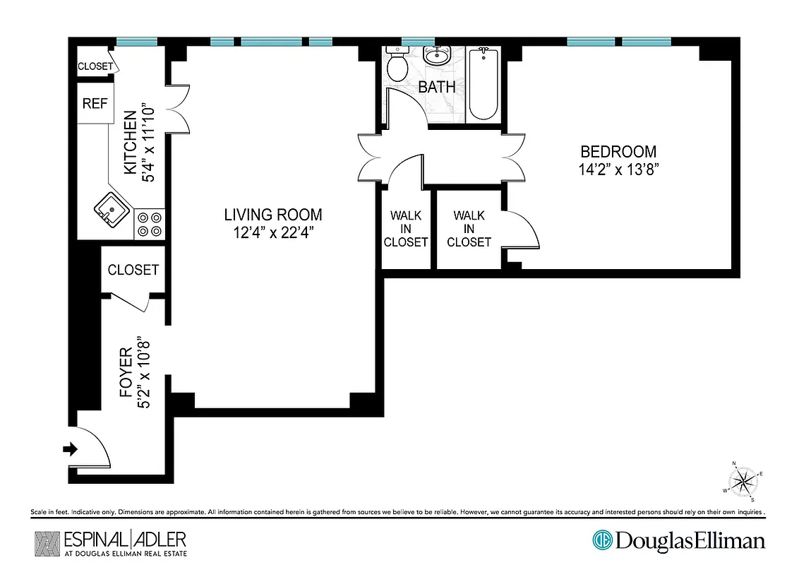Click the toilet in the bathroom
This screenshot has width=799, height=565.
(398, 65)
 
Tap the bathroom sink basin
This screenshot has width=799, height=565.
(437, 56)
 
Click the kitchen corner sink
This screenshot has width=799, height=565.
(112, 209)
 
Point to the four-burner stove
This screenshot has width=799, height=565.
(150, 224)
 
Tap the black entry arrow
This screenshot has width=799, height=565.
(71, 448)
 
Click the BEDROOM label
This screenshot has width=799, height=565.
(618, 151)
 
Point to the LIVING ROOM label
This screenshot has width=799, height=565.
(272, 215)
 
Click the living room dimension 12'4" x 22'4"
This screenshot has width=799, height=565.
(272, 232)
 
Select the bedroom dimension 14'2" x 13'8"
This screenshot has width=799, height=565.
(618, 169)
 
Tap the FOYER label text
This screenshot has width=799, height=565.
(126, 372)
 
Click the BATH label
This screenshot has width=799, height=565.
(437, 88)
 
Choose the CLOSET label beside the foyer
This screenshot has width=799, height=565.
(133, 270)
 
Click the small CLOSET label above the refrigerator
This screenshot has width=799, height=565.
(95, 66)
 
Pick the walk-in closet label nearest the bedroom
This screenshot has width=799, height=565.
(469, 228)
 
